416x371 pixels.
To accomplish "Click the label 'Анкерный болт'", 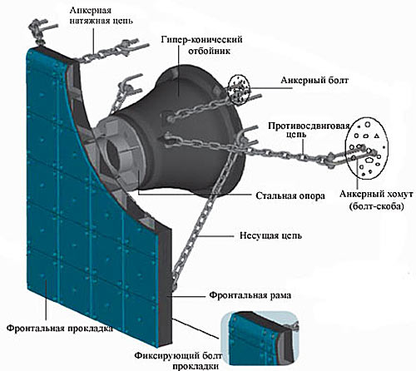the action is pos(314,81).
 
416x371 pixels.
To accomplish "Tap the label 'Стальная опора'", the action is pos(290,195).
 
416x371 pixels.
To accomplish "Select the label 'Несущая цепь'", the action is pos(270,236).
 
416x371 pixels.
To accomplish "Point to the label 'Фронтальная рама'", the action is pos(250,294).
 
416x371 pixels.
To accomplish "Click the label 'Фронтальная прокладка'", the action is pos(60,329).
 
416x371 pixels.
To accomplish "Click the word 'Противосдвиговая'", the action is pos(309,126).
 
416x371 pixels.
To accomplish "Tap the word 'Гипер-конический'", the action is pos(201,40).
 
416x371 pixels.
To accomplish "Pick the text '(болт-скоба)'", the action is pos(376,206).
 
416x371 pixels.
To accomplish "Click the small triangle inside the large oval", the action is pos(376,136).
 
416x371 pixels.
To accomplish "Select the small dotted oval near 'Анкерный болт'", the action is pos(238,90).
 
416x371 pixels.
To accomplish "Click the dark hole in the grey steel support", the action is pos(112,153).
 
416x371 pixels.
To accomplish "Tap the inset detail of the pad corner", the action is pos(260,338).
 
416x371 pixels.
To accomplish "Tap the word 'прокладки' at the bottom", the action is pos(196,366).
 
